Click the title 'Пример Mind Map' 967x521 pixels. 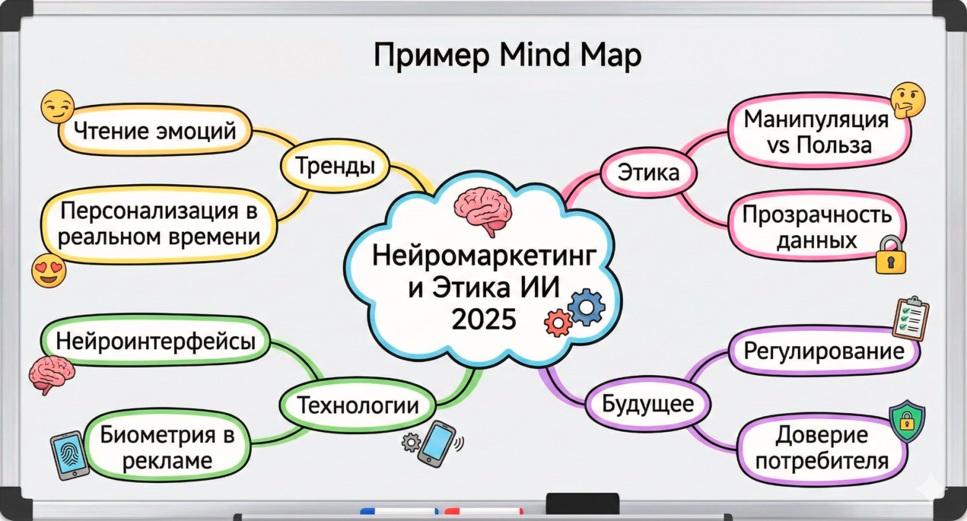pos(507,56)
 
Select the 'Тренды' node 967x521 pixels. pos(335,166)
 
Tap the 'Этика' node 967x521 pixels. pos(648,172)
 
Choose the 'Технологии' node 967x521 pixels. pos(358,406)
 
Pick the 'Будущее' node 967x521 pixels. pos(648,404)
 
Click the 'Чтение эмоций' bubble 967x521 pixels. pos(155,131)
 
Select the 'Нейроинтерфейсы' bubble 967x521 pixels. pos(156,342)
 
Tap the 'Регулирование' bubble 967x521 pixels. pos(824,352)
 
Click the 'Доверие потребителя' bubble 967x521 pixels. pos(822,448)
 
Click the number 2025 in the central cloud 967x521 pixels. pos(483,319)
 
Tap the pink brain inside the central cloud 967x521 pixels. pos(483,210)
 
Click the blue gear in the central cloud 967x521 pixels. pos(585,306)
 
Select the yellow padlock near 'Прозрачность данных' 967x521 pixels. pos(891,256)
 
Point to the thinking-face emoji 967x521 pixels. pos(907,101)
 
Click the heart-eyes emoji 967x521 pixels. pos(49,271)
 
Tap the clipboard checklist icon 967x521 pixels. pos(911,318)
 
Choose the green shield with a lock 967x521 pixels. pos(906,421)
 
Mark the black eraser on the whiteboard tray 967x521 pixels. pos(582,502)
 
